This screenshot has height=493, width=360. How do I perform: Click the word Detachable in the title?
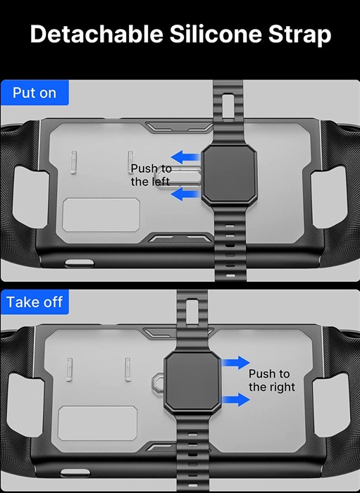(x=97, y=34)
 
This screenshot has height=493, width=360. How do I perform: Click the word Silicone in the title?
(x=216, y=34)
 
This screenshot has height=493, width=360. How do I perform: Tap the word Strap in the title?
(x=299, y=35)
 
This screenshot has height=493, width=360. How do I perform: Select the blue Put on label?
(x=35, y=93)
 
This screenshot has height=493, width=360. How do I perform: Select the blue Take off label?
(x=35, y=302)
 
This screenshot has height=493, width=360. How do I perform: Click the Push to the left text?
(x=151, y=175)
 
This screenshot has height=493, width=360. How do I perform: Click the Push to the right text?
(x=272, y=380)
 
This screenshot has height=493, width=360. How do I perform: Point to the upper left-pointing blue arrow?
(x=185, y=157)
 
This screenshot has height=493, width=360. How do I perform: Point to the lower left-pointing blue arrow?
(x=185, y=194)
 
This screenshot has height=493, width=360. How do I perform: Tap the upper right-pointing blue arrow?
(x=236, y=363)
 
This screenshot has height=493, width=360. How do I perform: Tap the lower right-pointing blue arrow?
(x=236, y=399)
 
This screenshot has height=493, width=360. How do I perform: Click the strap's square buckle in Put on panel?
(x=229, y=175)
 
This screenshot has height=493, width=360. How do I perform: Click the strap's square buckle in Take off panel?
(x=192, y=381)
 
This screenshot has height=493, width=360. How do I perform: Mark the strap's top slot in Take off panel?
(x=192, y=313)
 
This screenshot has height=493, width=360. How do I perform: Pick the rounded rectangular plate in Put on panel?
(x=101, y=215)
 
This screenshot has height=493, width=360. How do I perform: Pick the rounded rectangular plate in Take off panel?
(x=98, y=423)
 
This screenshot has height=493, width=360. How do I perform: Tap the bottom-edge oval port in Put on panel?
(x=80, y=263)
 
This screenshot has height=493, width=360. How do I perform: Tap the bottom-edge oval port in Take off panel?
(x=75, y=473)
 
